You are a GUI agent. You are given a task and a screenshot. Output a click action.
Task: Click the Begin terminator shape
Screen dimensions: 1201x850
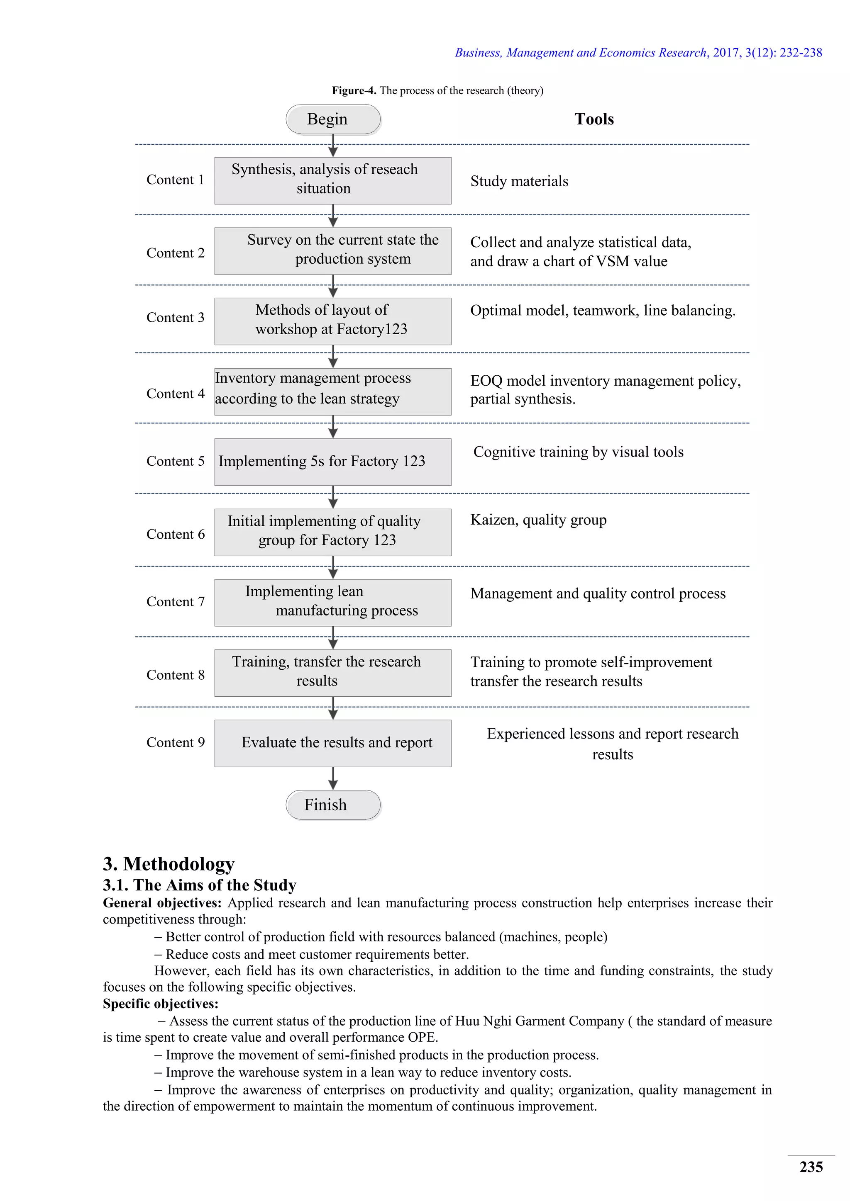pyautogui.click(x=333, y=119)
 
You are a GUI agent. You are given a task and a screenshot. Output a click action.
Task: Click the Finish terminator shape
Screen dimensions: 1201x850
pyautogui.click(x=333, y=805)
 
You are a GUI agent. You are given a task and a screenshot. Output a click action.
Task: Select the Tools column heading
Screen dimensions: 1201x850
pyautogui.click(x=594, y=119)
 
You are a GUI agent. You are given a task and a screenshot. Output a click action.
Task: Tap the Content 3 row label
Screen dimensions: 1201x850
pyautogui.click(x=175, y=318)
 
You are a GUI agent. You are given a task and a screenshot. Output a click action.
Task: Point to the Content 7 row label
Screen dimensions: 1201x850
pyautogui.click(x=175, y=602)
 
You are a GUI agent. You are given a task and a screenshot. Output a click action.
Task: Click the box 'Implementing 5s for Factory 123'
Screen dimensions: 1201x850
pyautogui.click(x=333, y=461)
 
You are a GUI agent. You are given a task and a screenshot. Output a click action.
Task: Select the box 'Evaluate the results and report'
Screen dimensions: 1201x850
pyautogui.click(x=333, y=743)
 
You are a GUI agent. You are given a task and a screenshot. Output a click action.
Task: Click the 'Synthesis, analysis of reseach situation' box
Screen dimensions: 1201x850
pyautogui.click(x=333, y=180)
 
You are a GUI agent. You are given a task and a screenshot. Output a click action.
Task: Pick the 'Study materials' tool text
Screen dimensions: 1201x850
pyautogui.click(x=519, y=182)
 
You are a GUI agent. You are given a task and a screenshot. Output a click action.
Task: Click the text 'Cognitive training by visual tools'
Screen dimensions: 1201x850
pyautogui.click(x=578, y=452)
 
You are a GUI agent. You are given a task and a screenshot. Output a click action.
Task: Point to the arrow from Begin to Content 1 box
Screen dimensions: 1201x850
pyautogui.click(x=333, y=146)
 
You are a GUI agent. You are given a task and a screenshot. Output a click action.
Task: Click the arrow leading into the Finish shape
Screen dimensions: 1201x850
pyautogui.click(x=333, y=778)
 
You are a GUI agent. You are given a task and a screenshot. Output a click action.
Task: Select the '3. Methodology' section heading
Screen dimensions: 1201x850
pyautogui.click(x=169, y=863)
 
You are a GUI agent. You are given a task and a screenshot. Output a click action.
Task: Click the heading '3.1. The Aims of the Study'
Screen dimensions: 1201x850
pyautogui.click(x=199, y=885)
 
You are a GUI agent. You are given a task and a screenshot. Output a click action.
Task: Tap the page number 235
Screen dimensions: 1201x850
pyautogui.click(x=811, y=1167)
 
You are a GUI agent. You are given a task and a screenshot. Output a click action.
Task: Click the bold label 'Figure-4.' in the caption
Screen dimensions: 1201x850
pyautogui.click(x=354, y=90)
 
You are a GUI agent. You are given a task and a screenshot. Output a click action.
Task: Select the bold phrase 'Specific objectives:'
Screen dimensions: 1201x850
pyautogui.click(x=160, y=1004)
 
